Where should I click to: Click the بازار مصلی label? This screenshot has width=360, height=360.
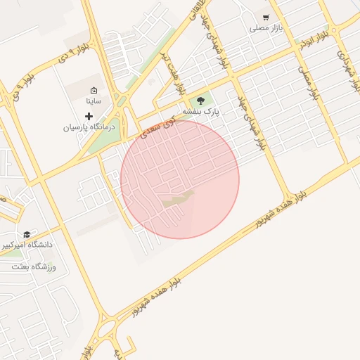pyautogui.click(x=266, y=29)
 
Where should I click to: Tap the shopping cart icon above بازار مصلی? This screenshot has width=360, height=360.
pyautogui.click(x=266, y=17)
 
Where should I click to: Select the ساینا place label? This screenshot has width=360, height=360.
pyautogui.click(x=94, y=101)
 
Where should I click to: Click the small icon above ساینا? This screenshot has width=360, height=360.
pyautogui.click(x=94, y=89)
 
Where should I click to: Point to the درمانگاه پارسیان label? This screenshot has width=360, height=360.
pyautogui.click(x=89, y=127)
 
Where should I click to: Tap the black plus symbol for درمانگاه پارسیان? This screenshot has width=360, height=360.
pyautogui.click(x=89, y=115)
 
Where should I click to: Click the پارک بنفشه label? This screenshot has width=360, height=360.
pyautogui.click(x=201, y=111)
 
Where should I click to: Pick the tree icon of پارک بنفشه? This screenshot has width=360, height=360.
pyautogui.click(x=202, y=100)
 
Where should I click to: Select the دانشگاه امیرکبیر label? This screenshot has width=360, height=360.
pyautogui.click(x=27, y=246)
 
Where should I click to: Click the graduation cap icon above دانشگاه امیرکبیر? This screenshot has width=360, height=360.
pyautogui.click(x=27, y=235)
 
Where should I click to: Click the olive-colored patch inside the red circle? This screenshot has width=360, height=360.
pyautogui.click(x=179, y=199)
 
